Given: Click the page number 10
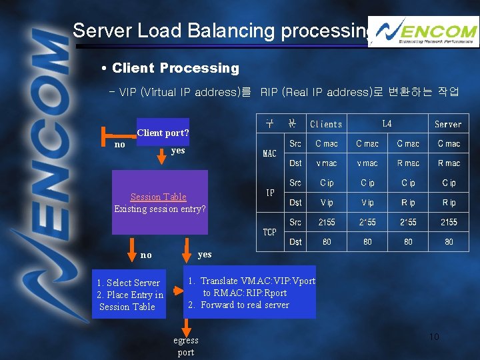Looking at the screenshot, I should point(433,337).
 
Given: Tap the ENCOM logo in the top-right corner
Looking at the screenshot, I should point(423,32).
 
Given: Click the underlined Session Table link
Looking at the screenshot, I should point(159,197).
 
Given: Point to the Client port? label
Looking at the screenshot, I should point(163,133).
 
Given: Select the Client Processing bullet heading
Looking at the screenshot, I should point(175,68).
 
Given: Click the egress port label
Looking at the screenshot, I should point(186,346).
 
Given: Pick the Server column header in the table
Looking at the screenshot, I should point(448,124).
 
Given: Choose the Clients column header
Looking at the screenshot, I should point(326,124).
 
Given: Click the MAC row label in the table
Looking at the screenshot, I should point(269,153).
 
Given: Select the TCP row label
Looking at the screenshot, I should point(269,232).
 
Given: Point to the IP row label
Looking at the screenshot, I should point(270,193).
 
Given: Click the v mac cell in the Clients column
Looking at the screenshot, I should point(327,163).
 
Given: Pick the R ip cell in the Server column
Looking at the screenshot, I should point(449,203).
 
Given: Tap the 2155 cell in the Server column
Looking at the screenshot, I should point(449,222).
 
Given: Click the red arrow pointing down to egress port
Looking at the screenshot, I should point(187,327).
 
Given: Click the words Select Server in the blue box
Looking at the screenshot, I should point(133,283).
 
